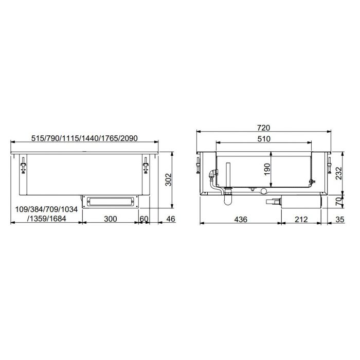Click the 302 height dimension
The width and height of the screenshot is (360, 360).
click(x=168, y=180)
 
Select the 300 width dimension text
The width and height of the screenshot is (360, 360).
click(x=110, y=219)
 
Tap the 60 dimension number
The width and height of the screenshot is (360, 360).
click(x=144, y=219)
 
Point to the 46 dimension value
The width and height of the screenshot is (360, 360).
click(x=171, y=219)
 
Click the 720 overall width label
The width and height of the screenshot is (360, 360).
click(x=263, y=128)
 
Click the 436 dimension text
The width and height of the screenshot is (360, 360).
click(x=240, y=219)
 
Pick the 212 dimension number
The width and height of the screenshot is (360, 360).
click(x=301, y=219)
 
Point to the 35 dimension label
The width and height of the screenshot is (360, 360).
click(x=340, y=219)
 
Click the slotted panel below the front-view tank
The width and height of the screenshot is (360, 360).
click(x=110, y=201)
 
